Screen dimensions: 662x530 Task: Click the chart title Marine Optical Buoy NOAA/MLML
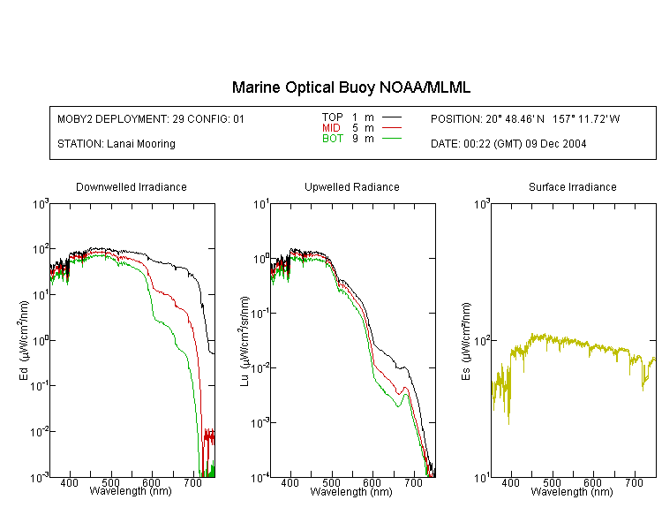[350, 87]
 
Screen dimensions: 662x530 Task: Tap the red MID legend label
[331, 127]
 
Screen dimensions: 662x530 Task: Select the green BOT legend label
[332, 139]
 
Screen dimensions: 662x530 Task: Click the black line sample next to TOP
[391, 117]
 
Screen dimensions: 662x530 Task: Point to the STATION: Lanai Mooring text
[117, 144]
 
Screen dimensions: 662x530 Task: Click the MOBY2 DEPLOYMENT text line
[151, 118]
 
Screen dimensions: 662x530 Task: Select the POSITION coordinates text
[525, 118]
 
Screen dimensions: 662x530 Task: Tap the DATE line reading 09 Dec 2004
[508, 144]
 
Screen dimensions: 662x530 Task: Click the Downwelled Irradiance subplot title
[132, 186]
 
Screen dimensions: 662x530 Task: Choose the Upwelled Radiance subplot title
[352, 186]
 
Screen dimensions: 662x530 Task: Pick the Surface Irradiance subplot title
[573, 186]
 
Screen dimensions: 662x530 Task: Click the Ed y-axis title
[24, 340]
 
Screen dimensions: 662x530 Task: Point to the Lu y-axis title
[244, 341]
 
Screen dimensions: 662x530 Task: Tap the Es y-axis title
[466, 341]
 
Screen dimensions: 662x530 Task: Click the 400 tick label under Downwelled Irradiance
[69, 482]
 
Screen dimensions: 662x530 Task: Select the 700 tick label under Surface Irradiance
[634, 482]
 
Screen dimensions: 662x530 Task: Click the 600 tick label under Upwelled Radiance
[372, 482]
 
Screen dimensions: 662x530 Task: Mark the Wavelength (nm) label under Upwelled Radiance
[351, 491]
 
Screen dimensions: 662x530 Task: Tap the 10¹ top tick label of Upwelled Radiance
[261, 205]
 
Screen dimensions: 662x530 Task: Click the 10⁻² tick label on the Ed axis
[39, 432]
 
